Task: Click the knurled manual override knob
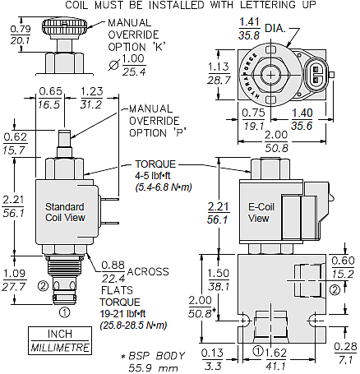pos(65,27)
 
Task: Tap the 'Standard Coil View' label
pos(65,212)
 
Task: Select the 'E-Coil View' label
pos(261,213)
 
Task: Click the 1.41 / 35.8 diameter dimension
pos(249,29)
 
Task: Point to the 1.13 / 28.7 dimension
pos(219,73)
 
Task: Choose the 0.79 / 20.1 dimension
pos(21,35)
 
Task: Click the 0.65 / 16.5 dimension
pos(50,98)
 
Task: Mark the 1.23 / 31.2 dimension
pos(91,98)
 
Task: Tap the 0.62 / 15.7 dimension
pos(15,143)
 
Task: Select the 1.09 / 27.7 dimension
pos(13,280)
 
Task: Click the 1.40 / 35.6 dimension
pos(302,119)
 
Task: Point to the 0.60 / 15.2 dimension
pos(343,267)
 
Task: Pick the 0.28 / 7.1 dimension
pos(345,353)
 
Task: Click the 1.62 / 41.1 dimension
pos(276,359)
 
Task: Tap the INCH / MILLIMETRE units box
pos(60,340)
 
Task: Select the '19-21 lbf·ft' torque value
pos(122,314)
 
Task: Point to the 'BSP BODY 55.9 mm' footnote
pos(153,362)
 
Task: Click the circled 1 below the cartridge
pos(65,312)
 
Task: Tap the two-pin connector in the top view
pos(316,75)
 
